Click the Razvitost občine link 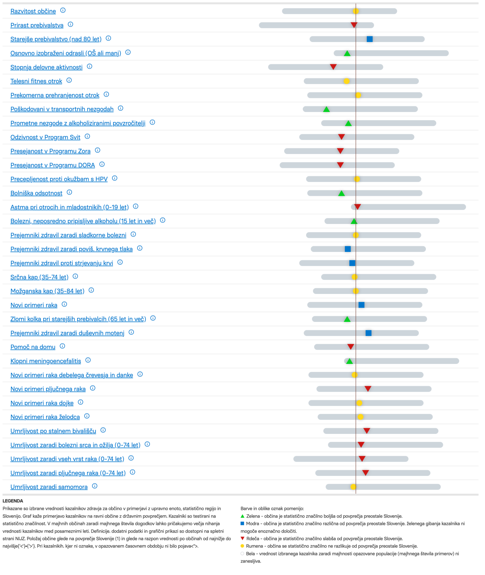pos(33,11)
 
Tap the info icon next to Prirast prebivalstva pos(70,25)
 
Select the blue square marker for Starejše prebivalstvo pos(370,39)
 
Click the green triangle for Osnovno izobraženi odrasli pos(347,53)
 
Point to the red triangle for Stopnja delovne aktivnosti pos(333,67)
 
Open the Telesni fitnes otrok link pos(36,81)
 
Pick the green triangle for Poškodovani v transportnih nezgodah pos(326,109)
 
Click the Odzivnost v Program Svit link pos(45,137)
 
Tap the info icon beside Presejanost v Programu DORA pos(102,165)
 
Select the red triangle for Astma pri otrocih pos(357,207)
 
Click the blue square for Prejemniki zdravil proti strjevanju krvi pos(352,263)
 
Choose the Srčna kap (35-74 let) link pos(39,277)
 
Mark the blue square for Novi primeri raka pos(361,305)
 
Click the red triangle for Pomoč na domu pos(351,347)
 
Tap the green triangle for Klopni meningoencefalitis pos(349,361)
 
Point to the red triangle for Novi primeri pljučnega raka pos(368,389)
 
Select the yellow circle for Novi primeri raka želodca pos(360,417)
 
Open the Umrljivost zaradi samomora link pos(49,487)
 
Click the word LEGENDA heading pos(13,501)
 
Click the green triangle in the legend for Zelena pos(242,516)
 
